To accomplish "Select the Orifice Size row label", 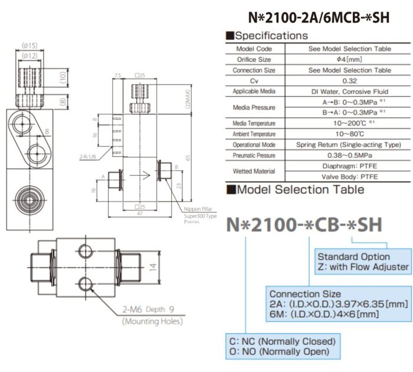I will coord(254,60).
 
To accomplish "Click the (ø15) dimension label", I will coord(29,45).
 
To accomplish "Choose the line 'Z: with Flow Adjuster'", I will coord(363,267).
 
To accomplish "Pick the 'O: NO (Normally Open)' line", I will coord(277,352).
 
